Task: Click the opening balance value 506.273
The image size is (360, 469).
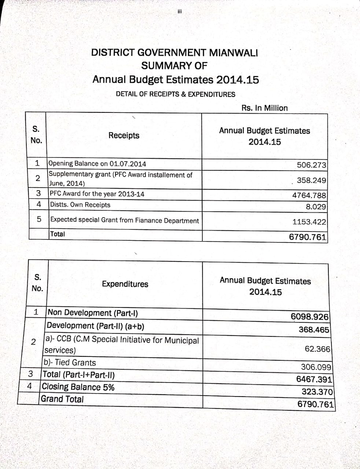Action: point(311,165)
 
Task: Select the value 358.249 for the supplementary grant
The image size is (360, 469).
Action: point(311,180)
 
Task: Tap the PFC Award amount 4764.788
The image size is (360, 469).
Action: point(309,195)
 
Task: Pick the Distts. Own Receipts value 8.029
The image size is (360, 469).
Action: point(316,207)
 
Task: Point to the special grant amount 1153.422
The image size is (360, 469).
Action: point(309,222)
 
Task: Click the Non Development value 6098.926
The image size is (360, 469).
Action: point(309,316)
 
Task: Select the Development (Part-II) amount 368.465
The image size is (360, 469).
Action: point(314,329)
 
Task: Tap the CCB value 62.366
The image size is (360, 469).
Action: point(317,349)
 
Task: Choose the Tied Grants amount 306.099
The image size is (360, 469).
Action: point(316,367)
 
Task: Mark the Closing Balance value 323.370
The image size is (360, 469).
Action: point(317,392)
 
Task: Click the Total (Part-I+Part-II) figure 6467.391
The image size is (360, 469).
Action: point(314,379)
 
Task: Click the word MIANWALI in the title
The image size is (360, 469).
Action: point(234,52)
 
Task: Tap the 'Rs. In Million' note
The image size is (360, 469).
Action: point(264,108)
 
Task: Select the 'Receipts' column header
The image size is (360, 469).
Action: point(124,136)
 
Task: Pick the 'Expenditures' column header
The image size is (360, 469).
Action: point(125,284)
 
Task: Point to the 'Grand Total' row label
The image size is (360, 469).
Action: point(62,399)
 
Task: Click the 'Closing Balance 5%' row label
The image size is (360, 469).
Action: point(78,387)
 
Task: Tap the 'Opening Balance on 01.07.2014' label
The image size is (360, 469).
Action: point(97,163)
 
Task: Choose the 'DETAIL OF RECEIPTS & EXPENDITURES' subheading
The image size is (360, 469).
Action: point(175,94)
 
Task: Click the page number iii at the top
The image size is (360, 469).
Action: point(179,11)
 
